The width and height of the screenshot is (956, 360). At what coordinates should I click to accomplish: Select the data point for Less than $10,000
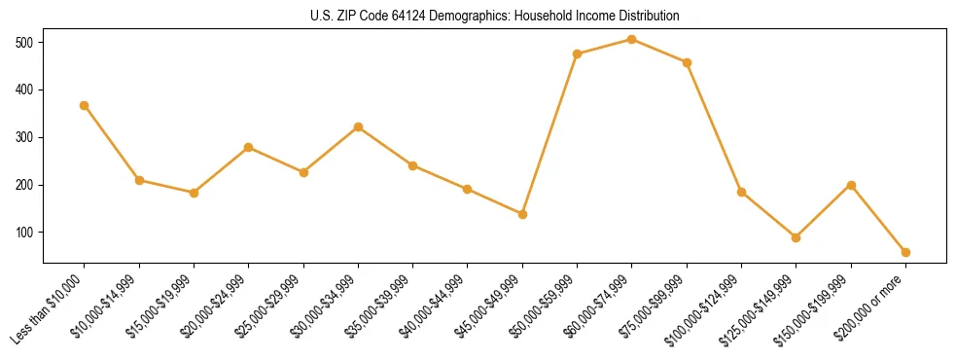pos(85,105)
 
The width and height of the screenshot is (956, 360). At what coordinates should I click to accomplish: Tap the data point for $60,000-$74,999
pos(632,40)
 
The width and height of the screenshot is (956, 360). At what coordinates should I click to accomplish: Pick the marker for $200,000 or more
pos(905,252)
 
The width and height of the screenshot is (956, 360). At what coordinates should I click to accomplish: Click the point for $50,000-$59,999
pos(578,54)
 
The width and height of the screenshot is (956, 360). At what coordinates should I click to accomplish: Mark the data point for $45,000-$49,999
pos(522,214)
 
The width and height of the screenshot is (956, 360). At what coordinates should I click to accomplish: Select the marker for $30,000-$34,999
pos(359,127)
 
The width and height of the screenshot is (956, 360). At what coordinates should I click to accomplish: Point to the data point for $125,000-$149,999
pos(797,237)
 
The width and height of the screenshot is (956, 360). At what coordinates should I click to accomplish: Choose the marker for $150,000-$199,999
pos(851,185)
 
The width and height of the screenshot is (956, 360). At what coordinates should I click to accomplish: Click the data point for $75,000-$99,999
pos(687,62)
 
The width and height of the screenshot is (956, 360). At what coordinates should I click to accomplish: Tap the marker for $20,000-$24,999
pos(249,147)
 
